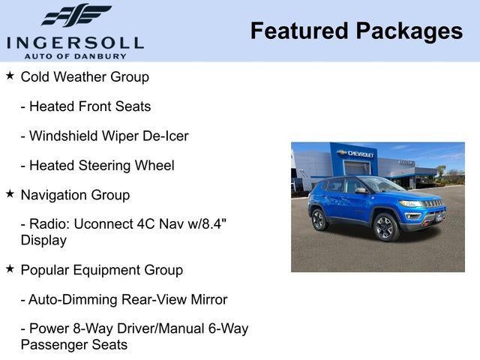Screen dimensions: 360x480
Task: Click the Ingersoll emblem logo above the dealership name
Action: pyautogui.click(x=75, y=16)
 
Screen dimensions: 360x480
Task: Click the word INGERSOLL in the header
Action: pyautogui.click(x=75, y=42)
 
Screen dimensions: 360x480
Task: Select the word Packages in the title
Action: pyautogui.click(x=409, y=31)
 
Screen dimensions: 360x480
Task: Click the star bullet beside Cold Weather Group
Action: pyautogui.click(x=10, y=76)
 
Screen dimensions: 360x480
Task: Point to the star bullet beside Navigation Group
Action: pyautogui.click(x=10, y=193)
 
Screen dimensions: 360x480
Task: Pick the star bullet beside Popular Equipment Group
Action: pyautogui.click(x=10, y=268)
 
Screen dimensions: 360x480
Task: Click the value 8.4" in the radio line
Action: pyautogui.click(x=214, y=225)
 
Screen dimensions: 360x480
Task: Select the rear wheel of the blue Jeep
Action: pyautogui.click(x=318, y=219)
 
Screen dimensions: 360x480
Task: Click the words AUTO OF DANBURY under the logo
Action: pyautogui.click(x=75, y=55)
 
